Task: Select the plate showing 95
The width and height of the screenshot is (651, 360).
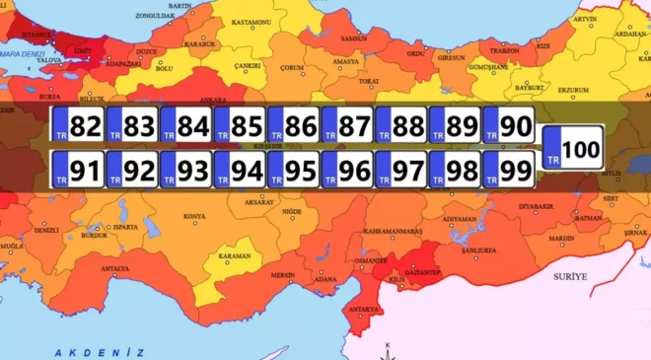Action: [x=293, y=171]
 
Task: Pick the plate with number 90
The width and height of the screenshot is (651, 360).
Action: [x=508, y=126]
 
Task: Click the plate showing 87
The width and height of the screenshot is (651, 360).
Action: [x=346, y=126]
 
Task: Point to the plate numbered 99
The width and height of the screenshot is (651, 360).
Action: [x=508, y=171]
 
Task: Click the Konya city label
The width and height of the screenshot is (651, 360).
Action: [x=194, y=216]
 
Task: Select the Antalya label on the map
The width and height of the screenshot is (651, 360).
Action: [x=114, y=268]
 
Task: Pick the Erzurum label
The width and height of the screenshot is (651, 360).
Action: [x=573, y=90]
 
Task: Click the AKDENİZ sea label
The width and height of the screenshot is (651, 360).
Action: [x=100, y=352]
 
